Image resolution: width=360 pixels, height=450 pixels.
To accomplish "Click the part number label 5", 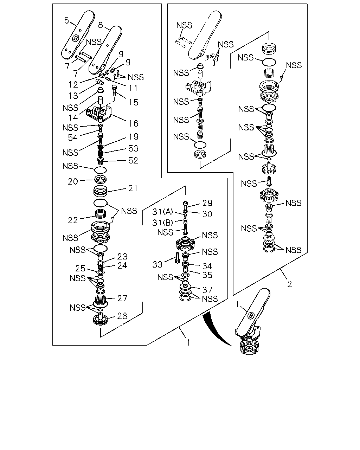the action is (66, 20).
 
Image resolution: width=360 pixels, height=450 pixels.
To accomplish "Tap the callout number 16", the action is (133, 124).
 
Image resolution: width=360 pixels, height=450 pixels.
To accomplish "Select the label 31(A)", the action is (162, 212).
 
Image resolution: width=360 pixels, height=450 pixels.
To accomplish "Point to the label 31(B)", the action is (162, 223).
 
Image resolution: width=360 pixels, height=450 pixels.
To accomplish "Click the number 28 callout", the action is (122, 316).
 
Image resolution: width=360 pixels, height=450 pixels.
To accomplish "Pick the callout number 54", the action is (73, 137).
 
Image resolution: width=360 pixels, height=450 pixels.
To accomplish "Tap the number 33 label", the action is (157, 264).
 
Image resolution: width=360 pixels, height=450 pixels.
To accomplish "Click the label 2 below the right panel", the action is (289, 284).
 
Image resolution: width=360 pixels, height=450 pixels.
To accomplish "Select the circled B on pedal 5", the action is (76, 38).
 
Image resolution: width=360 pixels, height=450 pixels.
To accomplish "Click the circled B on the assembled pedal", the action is (251, 315).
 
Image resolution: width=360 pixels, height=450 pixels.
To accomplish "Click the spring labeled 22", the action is (101, 214).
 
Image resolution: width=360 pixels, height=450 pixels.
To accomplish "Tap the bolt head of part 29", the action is (185, 203).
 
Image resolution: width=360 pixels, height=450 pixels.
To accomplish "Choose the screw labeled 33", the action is (178, 258).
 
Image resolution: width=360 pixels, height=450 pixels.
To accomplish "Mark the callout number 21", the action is (133, 188).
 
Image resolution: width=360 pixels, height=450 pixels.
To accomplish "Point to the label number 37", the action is (207, 290).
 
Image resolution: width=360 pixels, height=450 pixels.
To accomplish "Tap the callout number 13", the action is (73, 96).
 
